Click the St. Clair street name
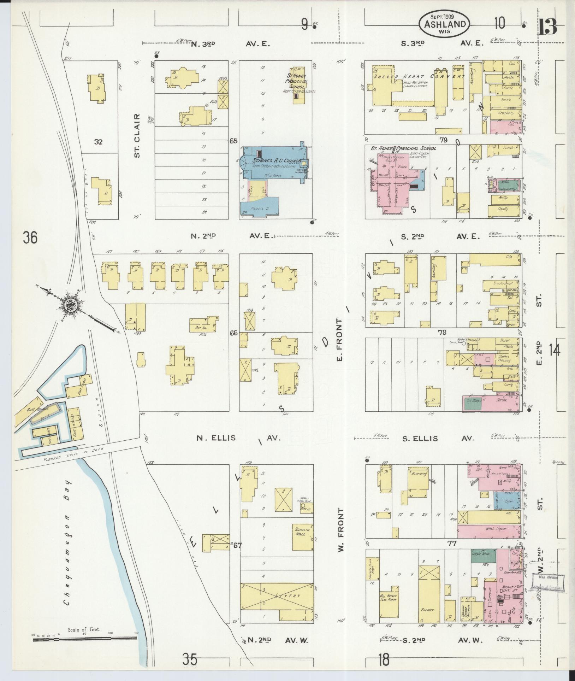pos(138,135)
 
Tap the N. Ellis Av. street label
pos(238,438)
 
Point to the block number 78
pos(442,332)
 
